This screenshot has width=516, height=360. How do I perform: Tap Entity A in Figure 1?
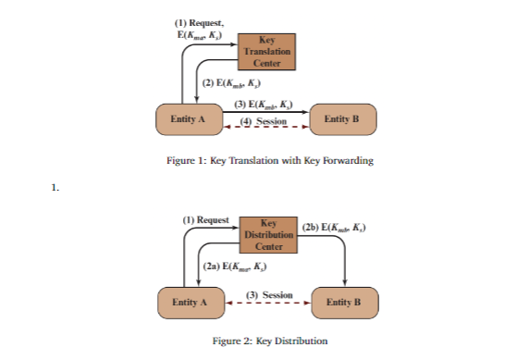(188, 119)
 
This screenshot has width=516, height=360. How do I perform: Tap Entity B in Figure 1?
(341, 119)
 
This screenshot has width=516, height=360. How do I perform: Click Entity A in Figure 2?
(188, 302)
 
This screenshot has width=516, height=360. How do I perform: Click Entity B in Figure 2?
(342, 302)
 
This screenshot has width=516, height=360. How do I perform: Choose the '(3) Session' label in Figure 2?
(267, 294)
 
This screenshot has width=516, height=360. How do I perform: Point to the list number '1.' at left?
(55, 188)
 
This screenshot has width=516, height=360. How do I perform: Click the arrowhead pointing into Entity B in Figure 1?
(307, 113)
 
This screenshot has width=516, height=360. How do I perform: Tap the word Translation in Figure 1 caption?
(244, 160)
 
